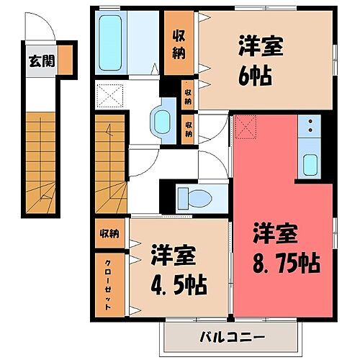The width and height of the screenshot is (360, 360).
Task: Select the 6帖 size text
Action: [256, 75]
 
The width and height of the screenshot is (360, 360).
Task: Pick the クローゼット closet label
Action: [108, 284]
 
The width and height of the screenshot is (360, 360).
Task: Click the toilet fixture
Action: [193, 196]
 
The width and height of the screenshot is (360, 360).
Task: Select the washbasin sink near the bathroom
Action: [161, 120]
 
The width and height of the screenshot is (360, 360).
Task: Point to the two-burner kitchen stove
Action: [311, 126]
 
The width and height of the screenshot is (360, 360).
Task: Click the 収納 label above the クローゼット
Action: [109, 233]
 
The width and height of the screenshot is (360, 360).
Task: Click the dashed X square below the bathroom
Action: [112, 95]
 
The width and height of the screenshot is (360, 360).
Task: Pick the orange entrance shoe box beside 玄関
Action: [66, 60]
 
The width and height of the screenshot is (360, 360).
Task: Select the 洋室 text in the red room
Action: [273, 234]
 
